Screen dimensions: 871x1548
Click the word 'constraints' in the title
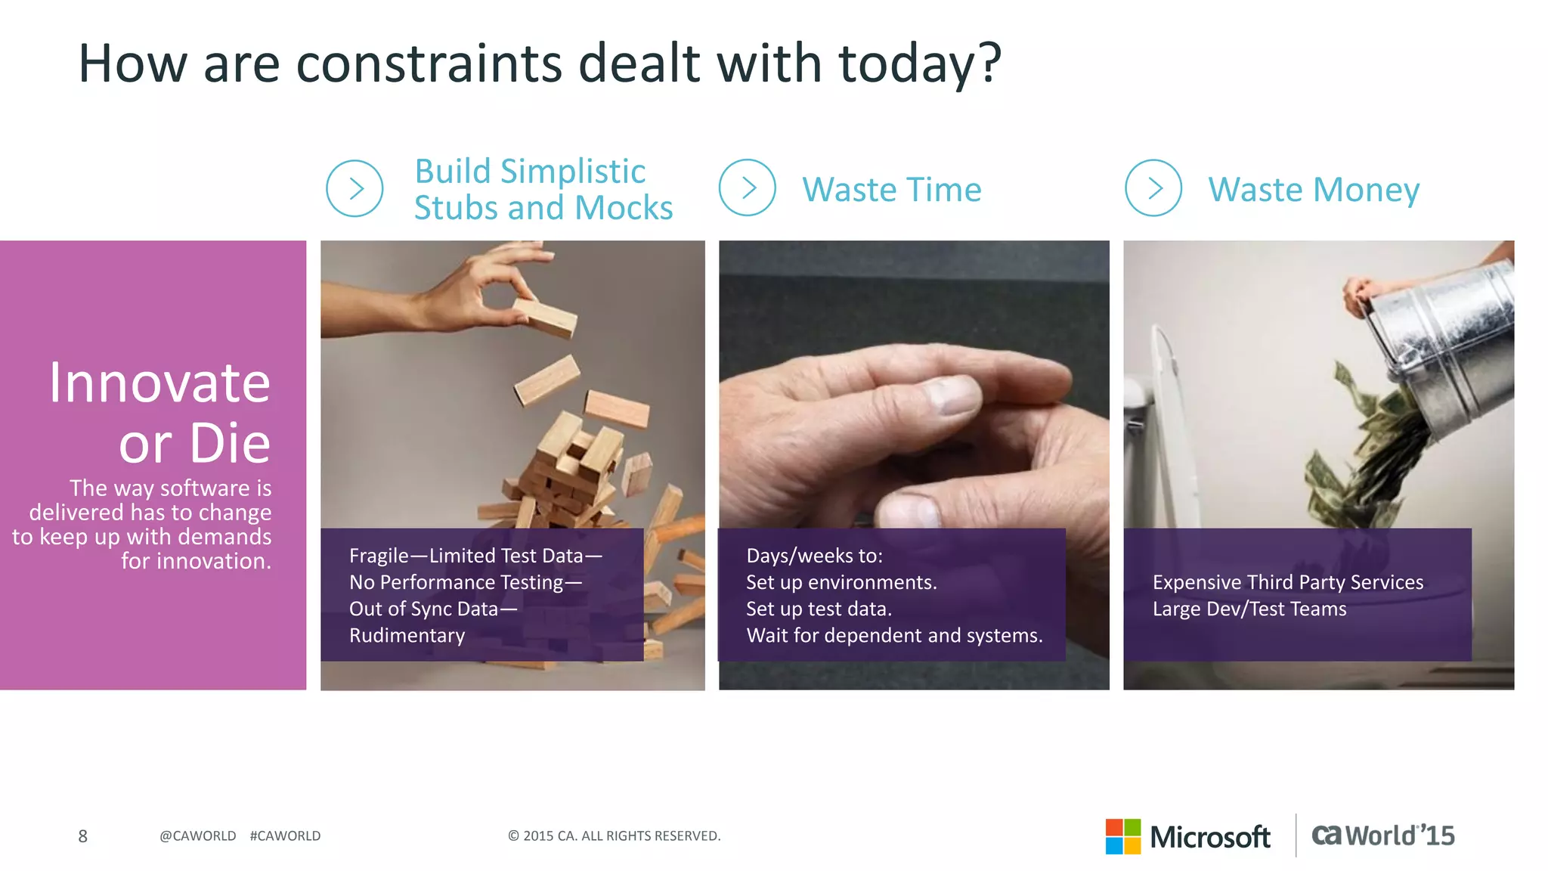[x=429, y=64]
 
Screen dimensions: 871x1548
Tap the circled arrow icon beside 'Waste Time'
[x=747, y=188]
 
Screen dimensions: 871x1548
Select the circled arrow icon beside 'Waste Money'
[x=1153, y=188]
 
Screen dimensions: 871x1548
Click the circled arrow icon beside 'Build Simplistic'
[x=354, y=188]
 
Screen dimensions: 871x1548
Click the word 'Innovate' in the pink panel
[x=159, y=383]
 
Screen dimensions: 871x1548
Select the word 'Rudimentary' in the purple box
[x=407, y=635]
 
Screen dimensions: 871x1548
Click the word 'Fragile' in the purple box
[x=378, y=556]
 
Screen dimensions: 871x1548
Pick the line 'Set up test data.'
[x=819, y=609]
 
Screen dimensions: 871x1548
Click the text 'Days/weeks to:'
[x=814, y=556]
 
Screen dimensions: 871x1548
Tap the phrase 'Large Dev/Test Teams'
[x=1249, y=609]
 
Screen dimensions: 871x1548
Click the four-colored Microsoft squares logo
[x=1122, y=836]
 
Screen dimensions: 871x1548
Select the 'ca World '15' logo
[x=1382, y=835]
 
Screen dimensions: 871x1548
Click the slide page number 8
[x=83, y=836]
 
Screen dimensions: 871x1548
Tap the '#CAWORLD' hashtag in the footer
[x=285, y=836]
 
